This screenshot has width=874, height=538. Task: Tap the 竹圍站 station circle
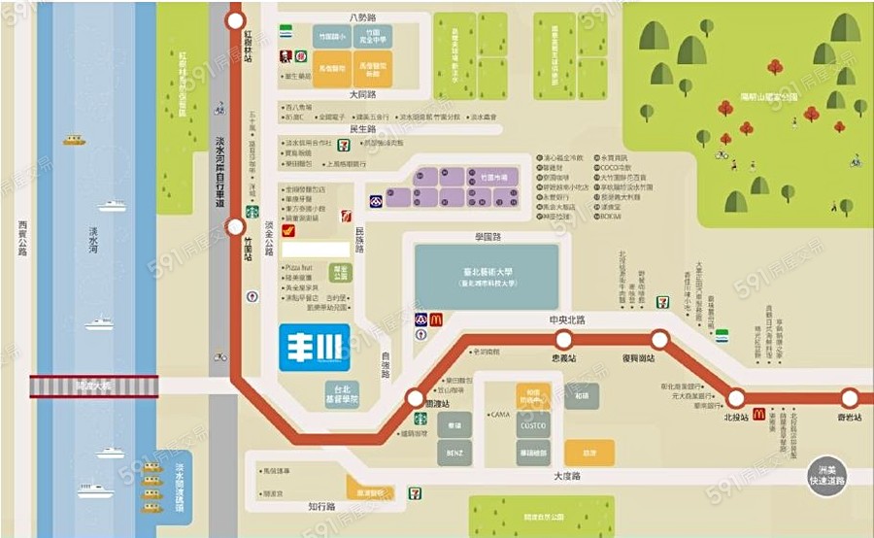[x=235, y=227]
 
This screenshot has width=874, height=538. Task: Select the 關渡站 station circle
[x=415, y=398]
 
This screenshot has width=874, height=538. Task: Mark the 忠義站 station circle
[x=564, y=339]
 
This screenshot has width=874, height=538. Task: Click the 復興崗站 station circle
[x=660, y=339]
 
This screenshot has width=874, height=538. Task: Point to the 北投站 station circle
[x=736, y=397]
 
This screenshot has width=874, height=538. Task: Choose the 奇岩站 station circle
[x=850, y=397]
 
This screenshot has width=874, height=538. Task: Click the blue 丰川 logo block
[x=314, y=348]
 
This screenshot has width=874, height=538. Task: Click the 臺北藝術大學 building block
[x=487, y=277]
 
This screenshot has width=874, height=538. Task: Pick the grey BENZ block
[x=454, y=453]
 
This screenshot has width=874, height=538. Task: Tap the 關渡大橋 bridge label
[x=93, y=387]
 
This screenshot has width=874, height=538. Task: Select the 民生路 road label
[x=362, y=129]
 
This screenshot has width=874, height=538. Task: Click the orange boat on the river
[x=75, y=141]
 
